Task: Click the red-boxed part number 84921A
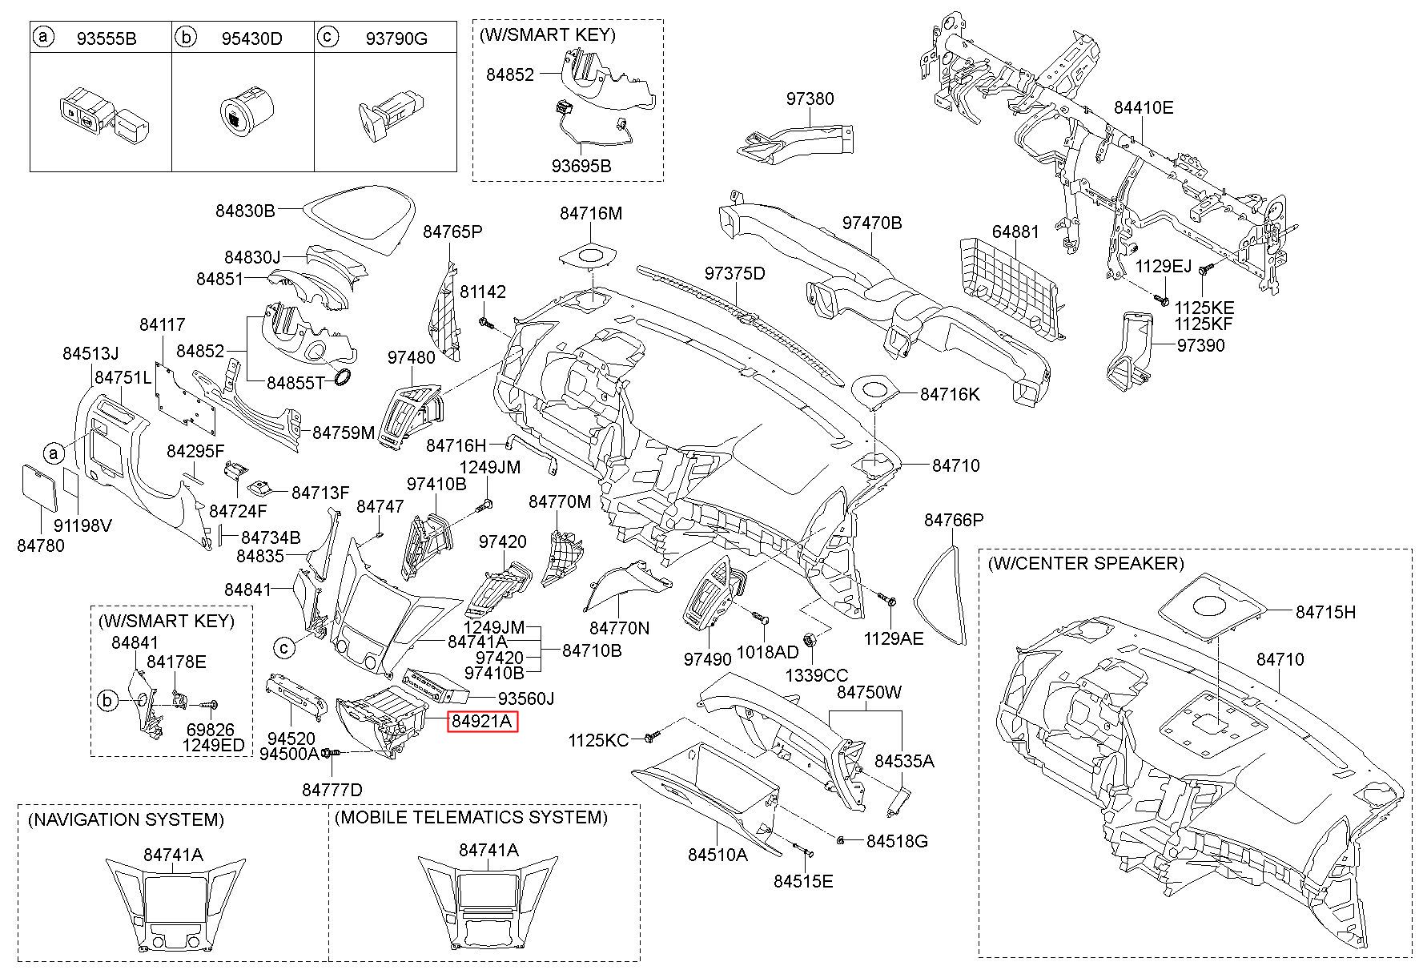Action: coord(481,722)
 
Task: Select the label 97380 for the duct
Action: coord(810,99)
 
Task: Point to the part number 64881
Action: coord(1015,231)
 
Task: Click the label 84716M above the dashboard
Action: coord(590,213)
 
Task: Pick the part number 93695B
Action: coord(581,166)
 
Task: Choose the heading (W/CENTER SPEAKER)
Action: coord(1085,563)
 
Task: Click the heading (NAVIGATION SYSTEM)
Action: coord(126,819)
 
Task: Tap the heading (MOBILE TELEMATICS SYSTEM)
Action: coord(471,817)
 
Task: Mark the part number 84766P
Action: coord(954,520)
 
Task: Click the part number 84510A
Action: coord(718,855)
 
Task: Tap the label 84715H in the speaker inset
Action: coord(1325,612)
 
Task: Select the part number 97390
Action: coord(1200,345)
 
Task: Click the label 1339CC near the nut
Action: coord(816,675)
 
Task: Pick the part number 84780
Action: coord(40,545)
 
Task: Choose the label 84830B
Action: coord(245,211)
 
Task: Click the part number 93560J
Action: coord(525,698)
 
